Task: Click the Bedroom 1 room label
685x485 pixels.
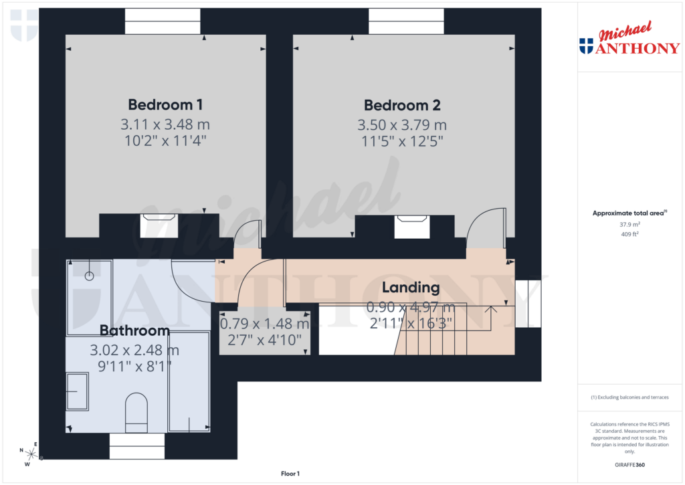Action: click(165, 105)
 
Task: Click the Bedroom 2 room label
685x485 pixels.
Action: click(402, 105)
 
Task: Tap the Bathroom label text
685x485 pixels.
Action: click(134, 330)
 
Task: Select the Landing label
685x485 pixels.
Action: click(411, 288)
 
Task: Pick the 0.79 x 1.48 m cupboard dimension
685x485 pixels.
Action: click(265, 324)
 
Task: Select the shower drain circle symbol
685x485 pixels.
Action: click(89, 276)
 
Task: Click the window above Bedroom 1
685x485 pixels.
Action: click(163, 21)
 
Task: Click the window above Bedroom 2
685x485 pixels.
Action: click(406, 21)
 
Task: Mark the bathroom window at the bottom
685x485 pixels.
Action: click(136, 446)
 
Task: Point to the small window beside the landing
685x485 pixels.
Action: click(528, 303)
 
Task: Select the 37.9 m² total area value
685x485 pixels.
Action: click(629, 225)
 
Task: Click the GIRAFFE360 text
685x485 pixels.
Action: click(629, 465)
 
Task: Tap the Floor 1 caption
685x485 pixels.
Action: click(290, 474)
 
